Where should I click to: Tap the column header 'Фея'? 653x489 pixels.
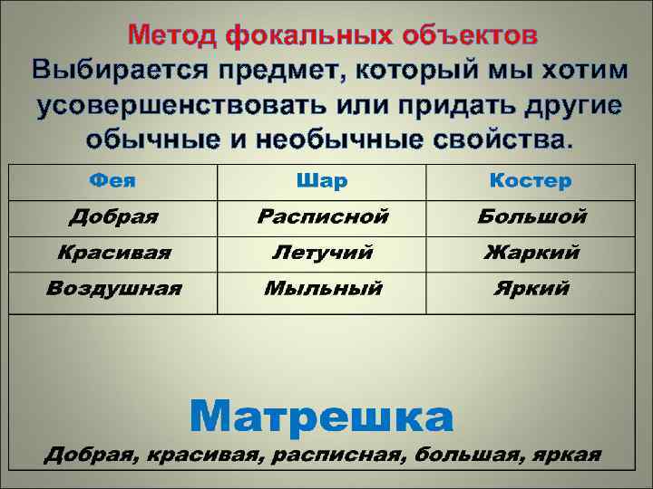[x=113, y=180]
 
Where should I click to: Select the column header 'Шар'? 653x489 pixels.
[x=322, y=181]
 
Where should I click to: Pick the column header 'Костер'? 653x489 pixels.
[x=531, y=181]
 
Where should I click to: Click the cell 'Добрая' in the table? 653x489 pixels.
[x=113, y=217]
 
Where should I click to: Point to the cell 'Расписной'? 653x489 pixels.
[x=322, y=217]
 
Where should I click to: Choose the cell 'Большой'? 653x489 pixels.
[x=531, y=217]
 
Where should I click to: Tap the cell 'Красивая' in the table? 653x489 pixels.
[x=113, y=253]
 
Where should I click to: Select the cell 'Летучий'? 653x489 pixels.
[x=322, y=254]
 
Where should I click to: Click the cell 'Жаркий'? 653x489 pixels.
[x=531, y=254]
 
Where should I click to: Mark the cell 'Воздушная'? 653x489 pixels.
[x=113, y=289]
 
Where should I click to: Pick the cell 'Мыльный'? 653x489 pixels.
[x=322, y=290]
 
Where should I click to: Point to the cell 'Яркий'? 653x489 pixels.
[x=531, y=290]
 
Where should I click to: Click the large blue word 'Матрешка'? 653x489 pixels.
[x=322, y=416]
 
